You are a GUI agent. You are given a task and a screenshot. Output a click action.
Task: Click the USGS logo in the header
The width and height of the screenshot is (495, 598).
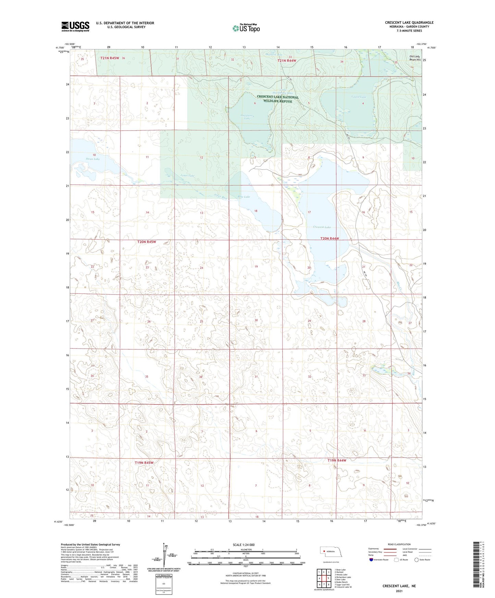[75, 26]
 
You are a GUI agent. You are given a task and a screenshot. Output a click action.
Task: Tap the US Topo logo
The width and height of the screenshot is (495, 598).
[246, 28]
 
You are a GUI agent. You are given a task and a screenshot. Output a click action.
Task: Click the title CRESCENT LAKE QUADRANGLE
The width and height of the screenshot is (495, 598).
[409, 23]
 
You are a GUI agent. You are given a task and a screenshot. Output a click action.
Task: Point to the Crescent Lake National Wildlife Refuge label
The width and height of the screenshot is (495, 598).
[277, 99]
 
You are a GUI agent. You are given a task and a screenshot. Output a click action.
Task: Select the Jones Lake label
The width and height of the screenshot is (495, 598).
[187, 175]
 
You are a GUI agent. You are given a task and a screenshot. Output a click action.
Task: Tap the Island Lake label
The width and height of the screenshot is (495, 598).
[358, 97]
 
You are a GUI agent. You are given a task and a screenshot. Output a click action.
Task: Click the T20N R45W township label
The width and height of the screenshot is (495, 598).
[147, 242]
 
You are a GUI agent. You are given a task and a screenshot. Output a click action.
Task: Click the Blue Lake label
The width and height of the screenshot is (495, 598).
[244, 197]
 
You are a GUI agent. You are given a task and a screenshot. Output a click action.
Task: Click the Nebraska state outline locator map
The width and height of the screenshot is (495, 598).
[331, 552]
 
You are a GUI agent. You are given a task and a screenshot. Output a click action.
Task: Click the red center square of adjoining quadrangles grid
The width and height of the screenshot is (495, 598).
[324, 579]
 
